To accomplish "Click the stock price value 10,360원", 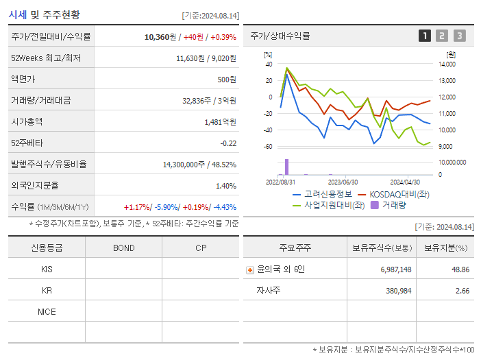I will point(160,36).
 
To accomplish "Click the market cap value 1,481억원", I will point(220,122).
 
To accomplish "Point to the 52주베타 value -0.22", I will point(227,143).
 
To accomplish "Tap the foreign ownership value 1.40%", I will point(225,186).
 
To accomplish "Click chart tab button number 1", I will point(425,36).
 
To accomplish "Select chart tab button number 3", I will point(459,36).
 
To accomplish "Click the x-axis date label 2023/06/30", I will point(343,182).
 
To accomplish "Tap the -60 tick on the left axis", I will point(268,147).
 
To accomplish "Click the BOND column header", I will point(123,248).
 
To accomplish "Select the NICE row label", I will point(47,311).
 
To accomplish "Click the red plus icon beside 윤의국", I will point(249,270).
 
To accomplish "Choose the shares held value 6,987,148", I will point(395,269).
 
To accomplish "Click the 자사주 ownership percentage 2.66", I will point(461,291).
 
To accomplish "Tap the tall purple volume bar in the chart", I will point(286,167).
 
